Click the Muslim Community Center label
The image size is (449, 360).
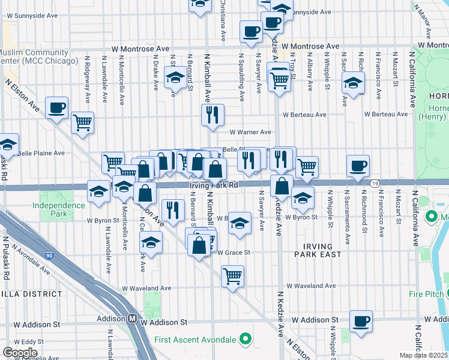(x=37, y=56)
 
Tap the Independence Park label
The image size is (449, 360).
(x=59, y=209)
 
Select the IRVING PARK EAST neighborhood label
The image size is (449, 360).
(x=318, y=250)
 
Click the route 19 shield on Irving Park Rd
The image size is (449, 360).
(x=375, y=183)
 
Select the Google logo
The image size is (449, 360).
(x=20, y=352)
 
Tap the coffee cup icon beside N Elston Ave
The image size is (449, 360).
(x=57, y=108)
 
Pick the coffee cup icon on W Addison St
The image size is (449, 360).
(x=361, y=321)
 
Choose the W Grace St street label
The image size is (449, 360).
(x=234, y=252)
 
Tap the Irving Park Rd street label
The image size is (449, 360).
(x=214, y=185)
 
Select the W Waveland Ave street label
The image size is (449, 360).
(x=310, y=286)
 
